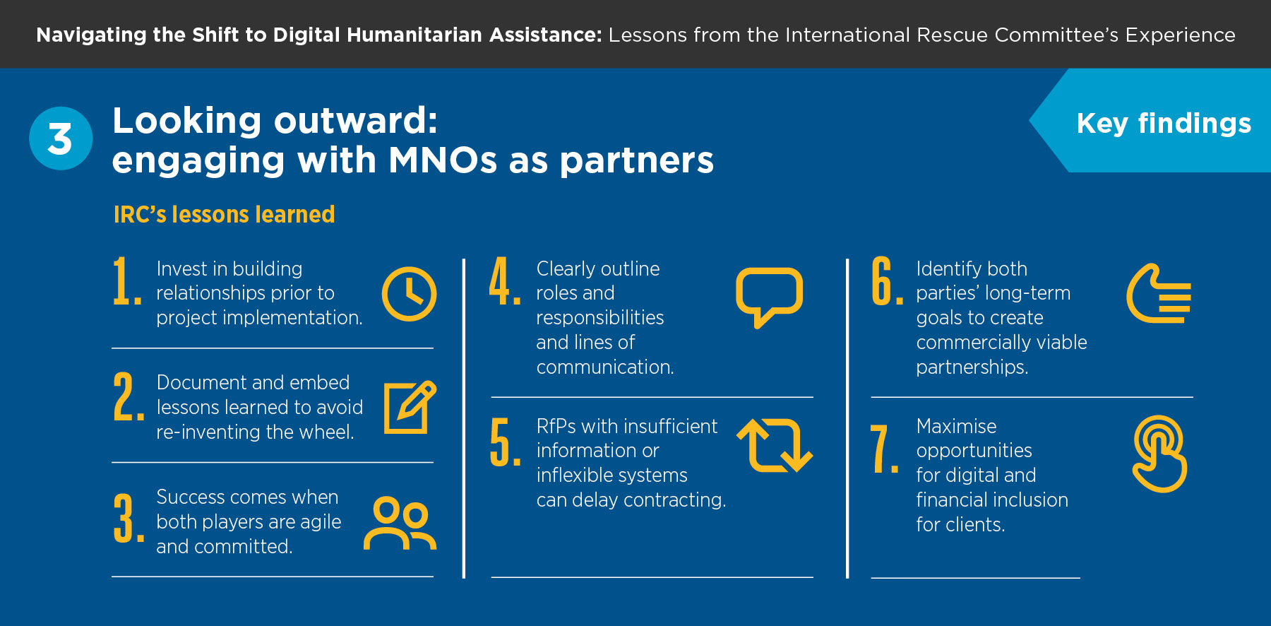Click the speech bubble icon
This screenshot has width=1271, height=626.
pos(769,272)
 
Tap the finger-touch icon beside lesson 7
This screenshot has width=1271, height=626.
pos(1159,454)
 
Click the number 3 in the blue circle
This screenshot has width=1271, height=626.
pos(60,138)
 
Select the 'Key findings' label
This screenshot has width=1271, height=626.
pos(1164,124)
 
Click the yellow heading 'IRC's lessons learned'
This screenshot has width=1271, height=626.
pos(224,214)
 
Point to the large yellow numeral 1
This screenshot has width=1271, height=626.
pos(126,281)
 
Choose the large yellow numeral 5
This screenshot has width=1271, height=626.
pos(506,442)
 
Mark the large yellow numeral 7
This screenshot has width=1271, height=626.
pos(884,449)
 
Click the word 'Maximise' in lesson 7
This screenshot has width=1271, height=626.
pos(956,426)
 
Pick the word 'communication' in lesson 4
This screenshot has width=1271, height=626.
pos(605,367)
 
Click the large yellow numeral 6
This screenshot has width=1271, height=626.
pos(887,281)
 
